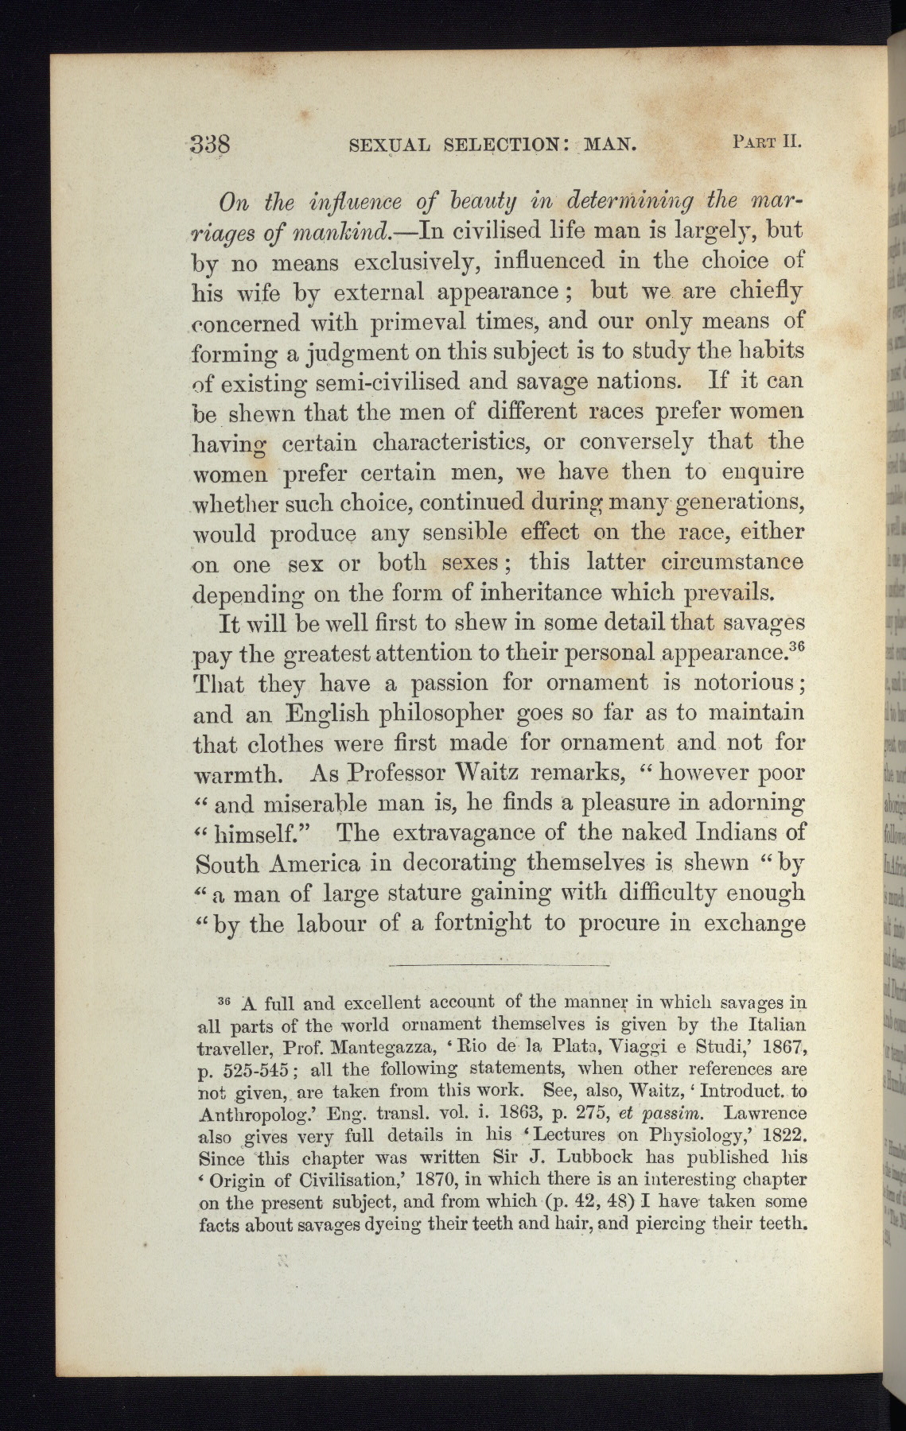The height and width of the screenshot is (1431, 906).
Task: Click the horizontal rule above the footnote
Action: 500,965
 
